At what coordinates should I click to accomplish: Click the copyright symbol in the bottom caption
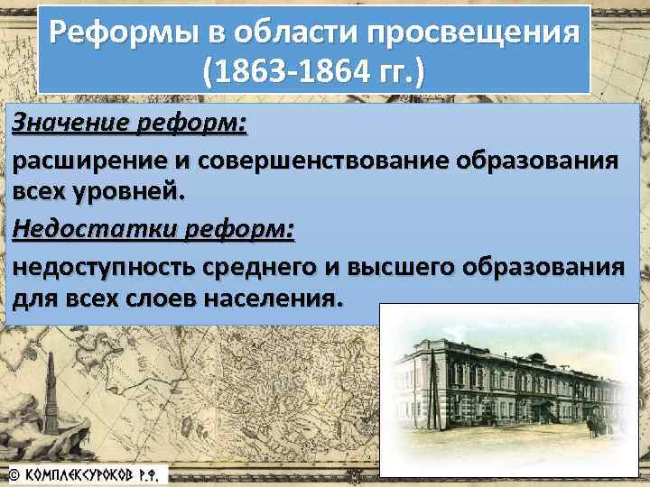(13, 473)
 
